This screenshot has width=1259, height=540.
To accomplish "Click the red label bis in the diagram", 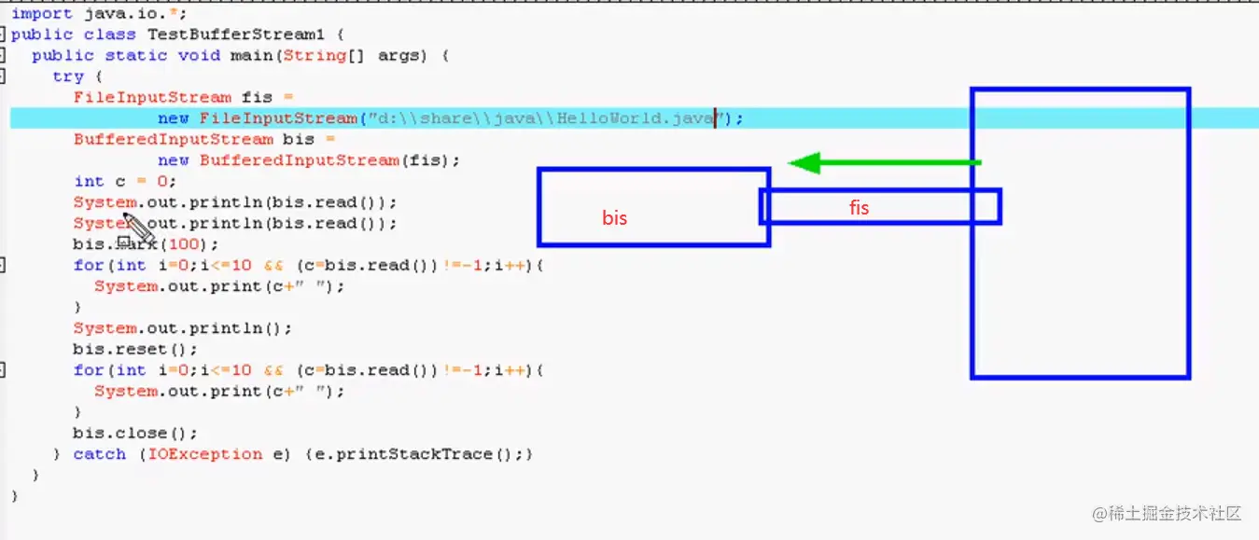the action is click(x=614, y=218).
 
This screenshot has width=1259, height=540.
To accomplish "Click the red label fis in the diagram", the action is click(x=859, y=208).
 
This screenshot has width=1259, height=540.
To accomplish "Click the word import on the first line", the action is click(x=41, y=14).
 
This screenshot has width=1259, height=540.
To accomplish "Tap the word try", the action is click(x=68, y=76).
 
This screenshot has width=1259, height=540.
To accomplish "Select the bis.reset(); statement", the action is click(x=135, y=349).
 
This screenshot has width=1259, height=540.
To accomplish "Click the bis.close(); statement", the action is click(x=135, y=433).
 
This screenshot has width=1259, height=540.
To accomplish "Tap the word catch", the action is click(x=99, y=454).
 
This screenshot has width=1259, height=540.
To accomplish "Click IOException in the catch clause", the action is click(x=205, y=454).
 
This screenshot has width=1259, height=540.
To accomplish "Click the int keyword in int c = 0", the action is click(x=89, y=181).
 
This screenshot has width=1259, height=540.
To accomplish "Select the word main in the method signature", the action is click(x=251, y=55).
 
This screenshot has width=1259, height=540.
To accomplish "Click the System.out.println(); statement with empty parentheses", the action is click(x=183, y=328).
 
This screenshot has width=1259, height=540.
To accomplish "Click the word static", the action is click(x=136, y=55).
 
